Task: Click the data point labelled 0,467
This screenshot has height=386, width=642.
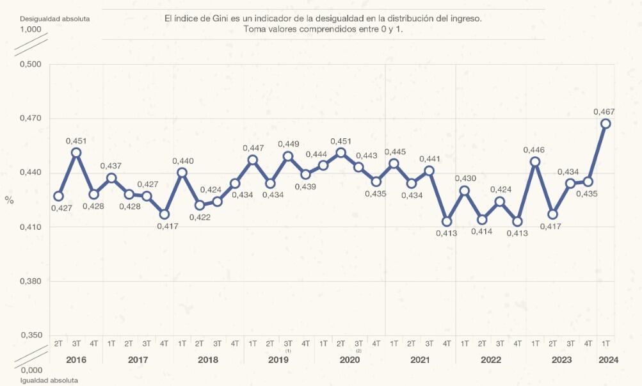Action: click(606, 124)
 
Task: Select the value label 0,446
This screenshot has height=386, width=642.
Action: click(534, 150)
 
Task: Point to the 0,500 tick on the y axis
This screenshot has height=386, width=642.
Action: click(31, 64)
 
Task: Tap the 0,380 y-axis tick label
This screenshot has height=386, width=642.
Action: click(31, 281)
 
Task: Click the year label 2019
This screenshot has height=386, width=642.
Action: click(278, 360)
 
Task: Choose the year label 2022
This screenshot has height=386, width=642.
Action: click(490, 360)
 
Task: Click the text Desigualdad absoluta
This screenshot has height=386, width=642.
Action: click(55, 19)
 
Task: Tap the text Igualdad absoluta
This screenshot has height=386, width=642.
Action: click(49, 380)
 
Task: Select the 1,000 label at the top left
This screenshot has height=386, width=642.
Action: click(31, 29)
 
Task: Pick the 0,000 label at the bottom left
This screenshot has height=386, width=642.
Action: click(31, 370)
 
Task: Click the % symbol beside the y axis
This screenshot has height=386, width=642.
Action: click(9, 200)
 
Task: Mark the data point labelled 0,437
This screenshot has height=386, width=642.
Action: click(111, 178)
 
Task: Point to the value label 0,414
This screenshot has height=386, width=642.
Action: click(481, 232)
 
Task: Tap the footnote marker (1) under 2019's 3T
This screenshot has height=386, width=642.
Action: click(288, 351)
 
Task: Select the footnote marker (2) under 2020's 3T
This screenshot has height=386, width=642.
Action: click(358, 351)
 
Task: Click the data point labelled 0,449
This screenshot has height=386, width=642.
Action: click(288, 156)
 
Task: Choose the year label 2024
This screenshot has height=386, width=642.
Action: click(608, 360)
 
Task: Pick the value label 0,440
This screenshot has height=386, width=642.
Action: click(182, 161)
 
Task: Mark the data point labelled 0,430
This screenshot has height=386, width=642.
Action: click(465, 190)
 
